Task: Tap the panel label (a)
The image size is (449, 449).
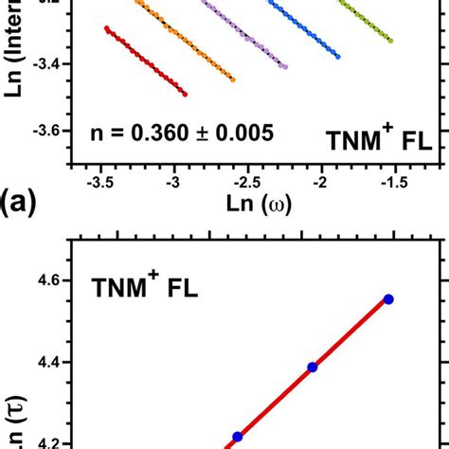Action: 26,202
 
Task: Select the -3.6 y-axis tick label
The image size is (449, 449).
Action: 45,131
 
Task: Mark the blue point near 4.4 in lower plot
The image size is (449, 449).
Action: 312,367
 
